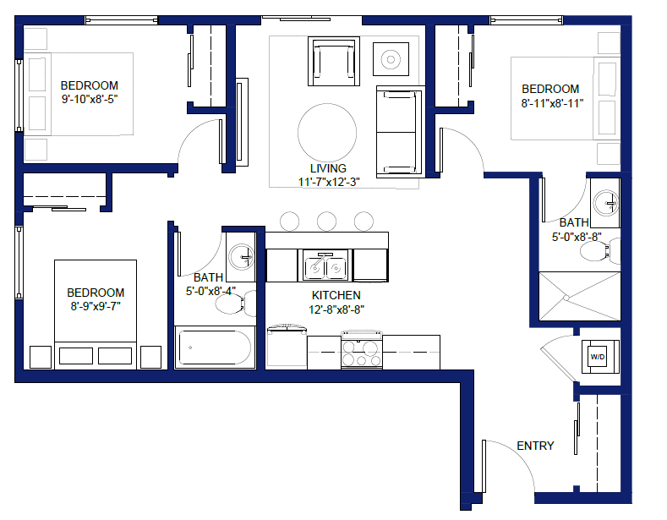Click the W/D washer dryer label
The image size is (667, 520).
(597, 357)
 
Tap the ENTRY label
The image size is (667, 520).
(535, 446)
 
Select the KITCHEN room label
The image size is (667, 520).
(336, 295)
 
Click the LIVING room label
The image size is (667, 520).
(328, 168)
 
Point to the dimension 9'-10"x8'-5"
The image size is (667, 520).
(90, 99)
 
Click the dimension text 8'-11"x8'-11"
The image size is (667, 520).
(552, 103)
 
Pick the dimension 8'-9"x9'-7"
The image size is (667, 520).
(96, 306)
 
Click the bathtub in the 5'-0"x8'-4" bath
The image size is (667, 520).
(215, 348)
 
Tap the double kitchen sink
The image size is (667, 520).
(325, 266)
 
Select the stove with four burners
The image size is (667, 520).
(362, 349)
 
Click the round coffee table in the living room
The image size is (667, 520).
(327, 133)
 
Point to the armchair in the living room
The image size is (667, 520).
(334, 61)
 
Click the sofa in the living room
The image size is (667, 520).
(401, 132)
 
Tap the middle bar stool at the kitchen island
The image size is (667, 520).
(326, 222)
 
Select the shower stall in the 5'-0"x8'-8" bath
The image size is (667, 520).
(580, 296)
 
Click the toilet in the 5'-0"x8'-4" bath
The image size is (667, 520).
(236, 303)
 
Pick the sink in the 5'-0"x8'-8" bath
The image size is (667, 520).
(606, 203)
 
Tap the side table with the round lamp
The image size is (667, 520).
(391, 59)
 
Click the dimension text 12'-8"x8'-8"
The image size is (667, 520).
(336, 309)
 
